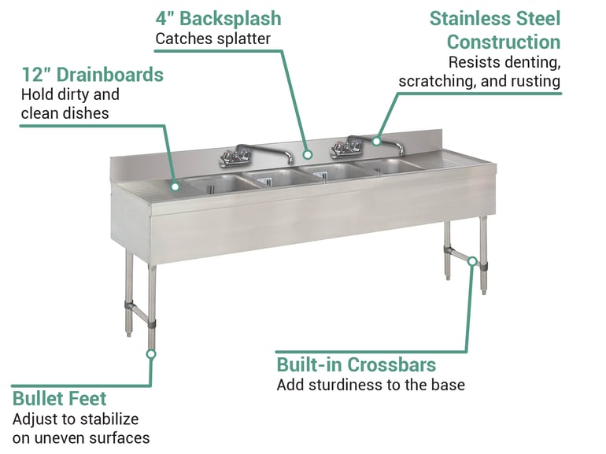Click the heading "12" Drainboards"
click(x=92, y=75)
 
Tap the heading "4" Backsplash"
click(x=218, y=18)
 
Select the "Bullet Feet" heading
click(x=59, y=398)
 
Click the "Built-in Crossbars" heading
click(x=356, y=365)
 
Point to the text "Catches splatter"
click(x=212, y=38)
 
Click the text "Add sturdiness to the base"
click(x=371, y=385)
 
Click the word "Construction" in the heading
click(x=504, y=42)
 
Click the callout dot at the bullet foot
click(x=151, y=354)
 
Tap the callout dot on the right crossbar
click(x=472, y=260)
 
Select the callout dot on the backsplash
click(x=308, y=155)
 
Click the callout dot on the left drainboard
click(x=175, y=186)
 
